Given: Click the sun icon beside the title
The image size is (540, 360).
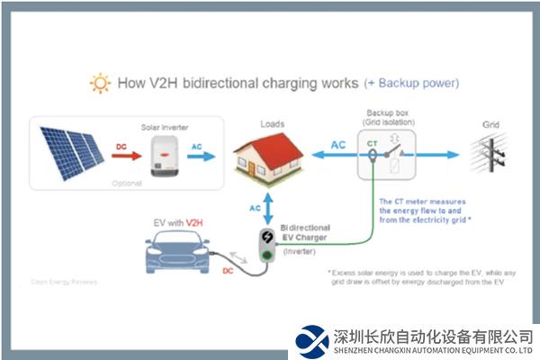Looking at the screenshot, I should coord(99,85).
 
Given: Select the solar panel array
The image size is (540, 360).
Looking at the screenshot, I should coord(73,151).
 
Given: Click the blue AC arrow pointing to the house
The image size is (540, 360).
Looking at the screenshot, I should coord(202,156).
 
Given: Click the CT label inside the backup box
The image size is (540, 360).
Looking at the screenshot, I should coord(372,142).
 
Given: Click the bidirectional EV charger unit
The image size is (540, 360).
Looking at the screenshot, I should coord(266,245).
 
